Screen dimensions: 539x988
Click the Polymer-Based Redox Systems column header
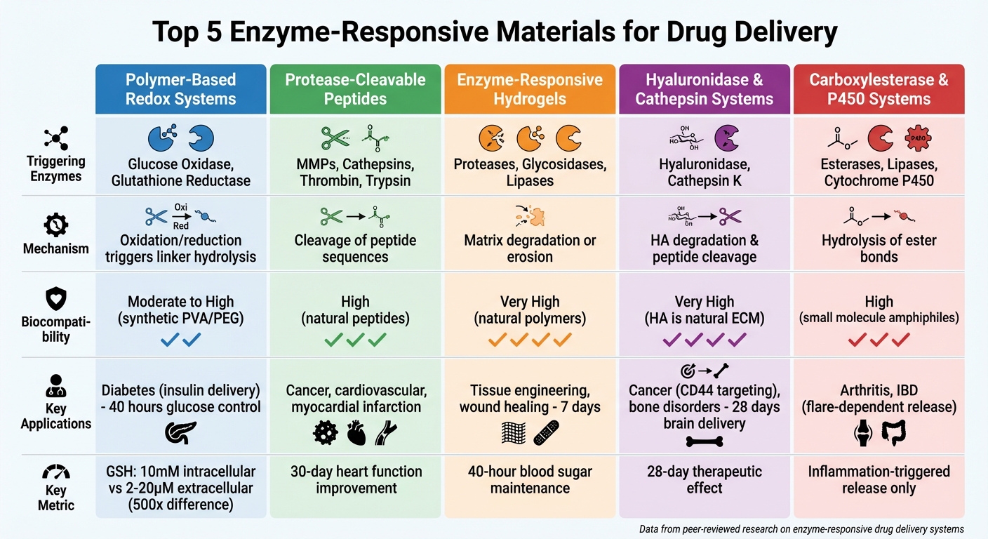[180, 89]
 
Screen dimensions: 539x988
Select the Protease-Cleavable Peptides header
[355, 89]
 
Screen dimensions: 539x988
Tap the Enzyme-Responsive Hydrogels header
[530, 89]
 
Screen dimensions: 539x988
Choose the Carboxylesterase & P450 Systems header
[879, 89]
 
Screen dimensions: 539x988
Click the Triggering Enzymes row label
[55, 168]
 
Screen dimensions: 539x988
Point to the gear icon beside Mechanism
[55, 225]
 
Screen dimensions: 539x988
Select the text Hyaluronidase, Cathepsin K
[705, 173]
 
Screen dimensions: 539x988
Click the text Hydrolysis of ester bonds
[879, 248]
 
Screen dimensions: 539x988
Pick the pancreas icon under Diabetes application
[180, 434]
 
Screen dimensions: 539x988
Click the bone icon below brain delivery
[704, 441]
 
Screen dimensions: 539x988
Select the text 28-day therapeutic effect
[705, 479]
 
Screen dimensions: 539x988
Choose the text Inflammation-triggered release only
[879, 479]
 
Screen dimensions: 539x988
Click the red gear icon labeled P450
[916, 138]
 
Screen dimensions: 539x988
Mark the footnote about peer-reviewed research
[801, 528]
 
